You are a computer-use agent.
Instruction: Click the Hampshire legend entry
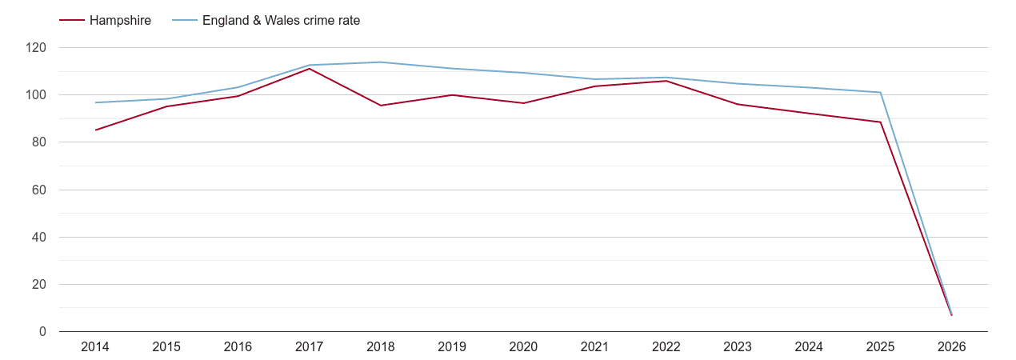tap(120, 21)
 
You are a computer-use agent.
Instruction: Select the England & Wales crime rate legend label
tap(281, 21)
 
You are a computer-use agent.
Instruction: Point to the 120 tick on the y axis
tap(36, 48)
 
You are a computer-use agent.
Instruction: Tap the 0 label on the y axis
tap(42, 332)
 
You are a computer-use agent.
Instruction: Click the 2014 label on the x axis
tap(95, 347)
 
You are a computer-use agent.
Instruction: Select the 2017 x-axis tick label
tap(310, 347)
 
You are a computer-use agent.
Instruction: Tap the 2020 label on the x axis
tap(523, 347)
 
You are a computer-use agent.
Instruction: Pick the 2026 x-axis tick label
tap(951, 347)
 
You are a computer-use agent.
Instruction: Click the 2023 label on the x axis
tap(738, 347)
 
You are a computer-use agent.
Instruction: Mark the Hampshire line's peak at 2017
tap(310, 69)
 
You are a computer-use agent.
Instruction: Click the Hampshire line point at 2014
tap(95, 130)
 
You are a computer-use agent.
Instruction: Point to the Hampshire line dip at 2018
tap(381, 106)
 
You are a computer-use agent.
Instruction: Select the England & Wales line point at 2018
tap(381, 62)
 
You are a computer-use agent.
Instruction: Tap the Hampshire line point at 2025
tap(880, 122)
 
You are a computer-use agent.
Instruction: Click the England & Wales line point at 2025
tap(880, 92)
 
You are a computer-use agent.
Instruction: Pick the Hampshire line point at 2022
tap(666, 81)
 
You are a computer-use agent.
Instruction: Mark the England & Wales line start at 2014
tap(95, 102)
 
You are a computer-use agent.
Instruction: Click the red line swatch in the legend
tap(72, 21)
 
